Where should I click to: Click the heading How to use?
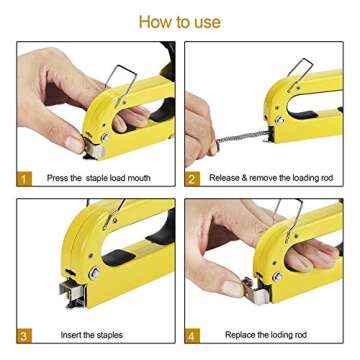coord(179,21)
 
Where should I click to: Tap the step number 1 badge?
coord(24,178)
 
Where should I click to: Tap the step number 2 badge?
coord(193,178)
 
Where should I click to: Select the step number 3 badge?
coord(24,334)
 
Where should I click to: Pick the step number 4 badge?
coord(193,334)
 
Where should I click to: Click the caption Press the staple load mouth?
coord(98,178)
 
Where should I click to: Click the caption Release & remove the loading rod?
coord(270,178)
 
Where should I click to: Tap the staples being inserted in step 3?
coord(73,292)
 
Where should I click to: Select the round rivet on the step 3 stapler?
coord(93,272)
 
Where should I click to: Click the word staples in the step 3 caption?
coord(105,334)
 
